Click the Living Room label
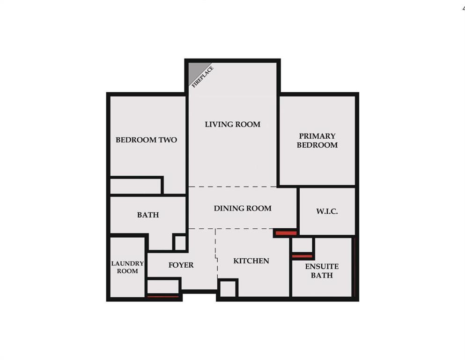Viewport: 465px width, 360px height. (232, 124)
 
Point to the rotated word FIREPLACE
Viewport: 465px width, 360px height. (203, 77)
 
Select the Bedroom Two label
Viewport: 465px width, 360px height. (146, 140)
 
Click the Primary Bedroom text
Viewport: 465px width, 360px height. (317, 140)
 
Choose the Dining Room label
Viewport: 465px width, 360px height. (243, 208)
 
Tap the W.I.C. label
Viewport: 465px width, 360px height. (327, 211)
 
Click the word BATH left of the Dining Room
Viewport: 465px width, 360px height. (148, 215)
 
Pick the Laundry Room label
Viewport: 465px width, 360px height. (127, 267)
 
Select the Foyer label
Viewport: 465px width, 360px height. (181, 265)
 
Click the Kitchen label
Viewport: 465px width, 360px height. (251, 261)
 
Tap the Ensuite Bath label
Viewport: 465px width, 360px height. (322, 270)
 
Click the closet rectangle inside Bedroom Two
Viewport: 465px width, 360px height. (136, 186)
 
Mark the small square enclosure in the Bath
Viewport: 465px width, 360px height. (180, 242)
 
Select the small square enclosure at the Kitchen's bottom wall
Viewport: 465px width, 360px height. (228, 288)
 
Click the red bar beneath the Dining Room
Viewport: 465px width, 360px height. (286, 233)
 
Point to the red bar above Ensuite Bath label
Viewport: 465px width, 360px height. (302, 256)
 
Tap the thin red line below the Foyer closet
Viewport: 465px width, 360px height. (163, 297)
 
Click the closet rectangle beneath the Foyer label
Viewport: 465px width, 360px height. (163, 287)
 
